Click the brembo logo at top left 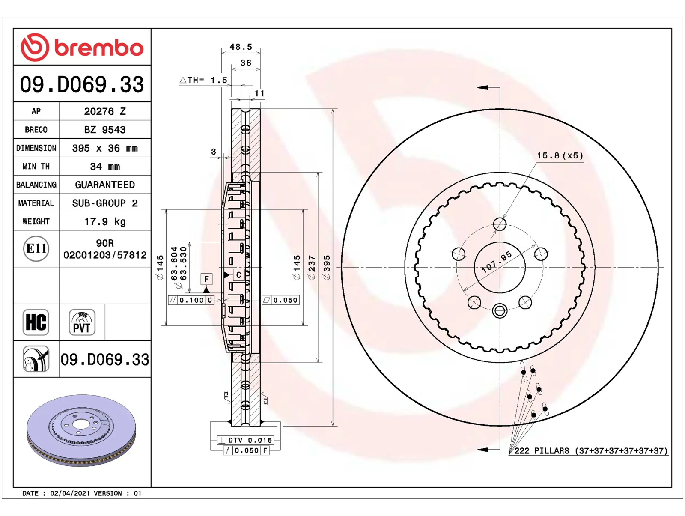pos(82,47)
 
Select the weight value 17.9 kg pos(105,221)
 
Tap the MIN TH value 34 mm pos(105,166)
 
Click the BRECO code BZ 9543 pos(105,130)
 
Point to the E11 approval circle pos(36,248)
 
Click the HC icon pos(36,322)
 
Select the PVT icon pos(82,322)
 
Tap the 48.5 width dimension pos(241,47)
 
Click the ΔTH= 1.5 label pos(203,80)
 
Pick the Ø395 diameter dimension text pos(327,267)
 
